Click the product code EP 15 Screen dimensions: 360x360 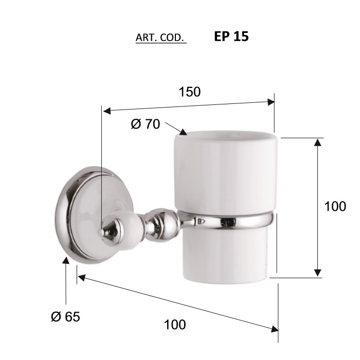tap(231, 37)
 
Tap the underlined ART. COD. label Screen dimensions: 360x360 tap(160, 38)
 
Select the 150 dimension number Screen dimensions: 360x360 tap(190, 92)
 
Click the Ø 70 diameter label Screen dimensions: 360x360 tap(146, 124)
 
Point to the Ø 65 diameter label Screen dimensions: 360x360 tap(65, 317)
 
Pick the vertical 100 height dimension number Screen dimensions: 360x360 tap(335, 206)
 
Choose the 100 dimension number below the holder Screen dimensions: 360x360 tap(175, 325)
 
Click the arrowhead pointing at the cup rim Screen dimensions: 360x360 tap(183, 132)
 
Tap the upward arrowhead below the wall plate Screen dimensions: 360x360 tap(66, 261)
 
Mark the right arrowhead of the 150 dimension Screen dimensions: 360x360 tap(271, 102)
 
